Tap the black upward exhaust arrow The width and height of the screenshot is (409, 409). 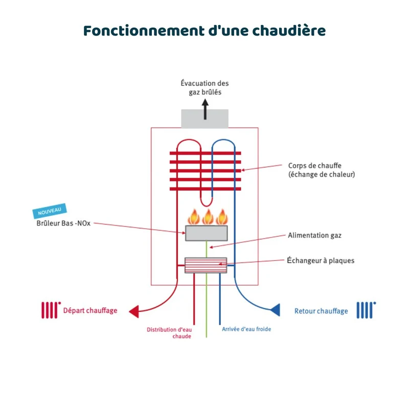tap(206, 109)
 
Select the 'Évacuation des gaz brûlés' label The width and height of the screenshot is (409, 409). tap(205, 87)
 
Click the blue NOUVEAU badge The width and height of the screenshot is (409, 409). tap(50, 211)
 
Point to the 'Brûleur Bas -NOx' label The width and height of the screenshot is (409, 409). tap(63, 223)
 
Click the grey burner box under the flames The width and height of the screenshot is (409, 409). tap(207, 233)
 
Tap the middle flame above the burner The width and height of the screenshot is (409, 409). tap(208, 217)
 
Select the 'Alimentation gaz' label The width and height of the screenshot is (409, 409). tap(314, 235)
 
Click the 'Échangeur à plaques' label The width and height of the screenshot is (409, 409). tap(321, 260)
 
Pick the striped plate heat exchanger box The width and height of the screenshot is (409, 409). tap(206, 265)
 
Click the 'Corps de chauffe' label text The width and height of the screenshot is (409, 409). tap(314, 166)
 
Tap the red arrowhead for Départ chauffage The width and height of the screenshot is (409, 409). tap(134, 311)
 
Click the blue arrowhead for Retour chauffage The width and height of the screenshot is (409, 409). tap(275, 310)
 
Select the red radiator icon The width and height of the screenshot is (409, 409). tap(51, 310)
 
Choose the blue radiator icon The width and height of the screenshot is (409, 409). tap(366, 310)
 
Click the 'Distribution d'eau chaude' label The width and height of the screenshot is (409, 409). tap(169, 333)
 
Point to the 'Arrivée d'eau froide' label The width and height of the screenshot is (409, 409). tap(246, 329)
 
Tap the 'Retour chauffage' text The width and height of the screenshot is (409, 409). tap(321, 311)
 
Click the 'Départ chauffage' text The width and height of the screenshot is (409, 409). tap(90, 310)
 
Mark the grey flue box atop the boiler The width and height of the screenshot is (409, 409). tap(205, 119)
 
